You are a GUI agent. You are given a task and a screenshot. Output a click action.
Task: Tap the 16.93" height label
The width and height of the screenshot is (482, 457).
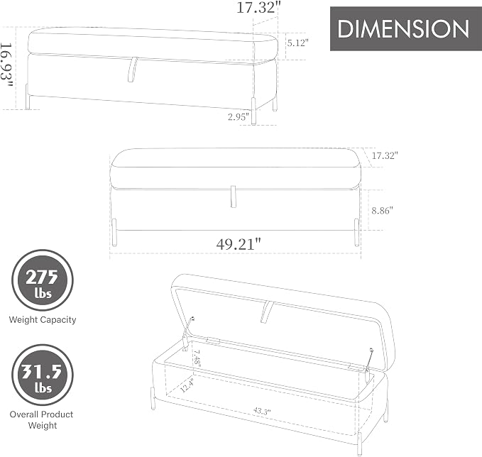[x=7, y=65]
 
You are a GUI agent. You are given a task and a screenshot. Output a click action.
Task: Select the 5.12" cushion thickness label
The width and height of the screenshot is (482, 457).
[x=298, y=43]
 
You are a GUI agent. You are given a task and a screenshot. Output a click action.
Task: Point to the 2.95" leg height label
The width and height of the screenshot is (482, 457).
[x=238, y=117]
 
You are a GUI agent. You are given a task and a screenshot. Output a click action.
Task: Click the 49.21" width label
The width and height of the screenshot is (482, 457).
[x=239, y=244]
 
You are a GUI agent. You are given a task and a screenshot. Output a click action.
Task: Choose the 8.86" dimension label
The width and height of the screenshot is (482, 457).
[x=383, y=211]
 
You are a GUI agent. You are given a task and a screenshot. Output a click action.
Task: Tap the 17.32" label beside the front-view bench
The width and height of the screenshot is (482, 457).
[x=385, y=155]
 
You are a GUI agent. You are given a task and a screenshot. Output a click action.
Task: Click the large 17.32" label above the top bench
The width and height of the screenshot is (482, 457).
[x=258, y=7]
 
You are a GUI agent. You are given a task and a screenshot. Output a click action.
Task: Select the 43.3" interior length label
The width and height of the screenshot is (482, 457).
[x=262, y=411]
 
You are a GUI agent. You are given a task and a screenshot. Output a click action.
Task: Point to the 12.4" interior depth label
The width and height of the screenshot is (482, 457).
[x=187, y=385]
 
